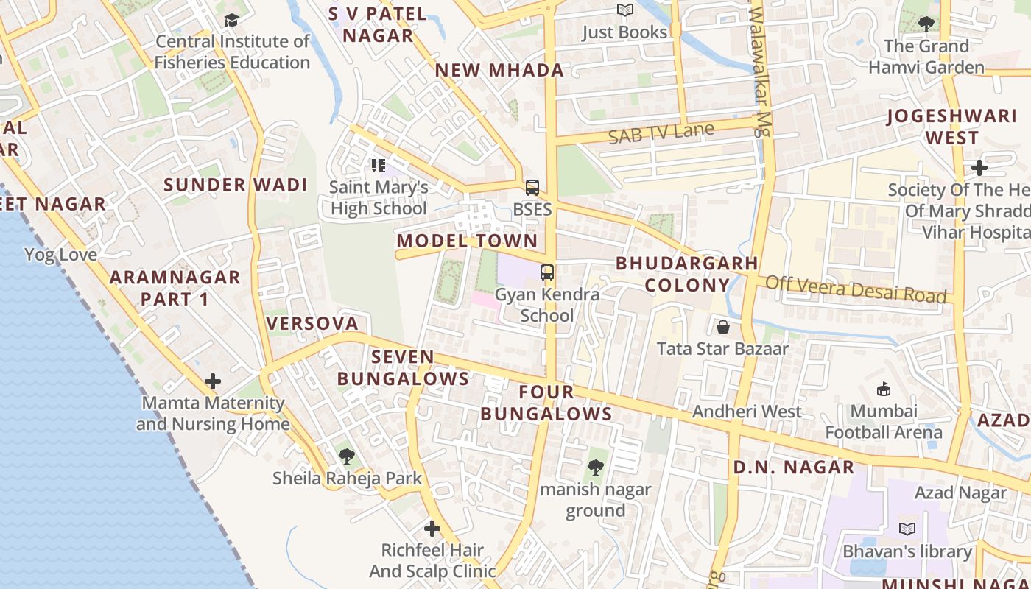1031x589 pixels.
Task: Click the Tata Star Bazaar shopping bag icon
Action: (722, 327)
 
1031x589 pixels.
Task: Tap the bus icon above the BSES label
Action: (532, 188)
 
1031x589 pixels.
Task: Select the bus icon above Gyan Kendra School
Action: (546, 272)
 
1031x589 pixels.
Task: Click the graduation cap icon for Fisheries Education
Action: (232, 20)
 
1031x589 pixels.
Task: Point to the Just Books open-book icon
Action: (624, 10)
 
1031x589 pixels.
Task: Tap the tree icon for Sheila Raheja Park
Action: (346, 456)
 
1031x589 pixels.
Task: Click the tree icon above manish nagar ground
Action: (595, 468)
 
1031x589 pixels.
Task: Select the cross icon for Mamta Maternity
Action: (213, 381)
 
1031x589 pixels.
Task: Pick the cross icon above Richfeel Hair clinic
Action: (432, 529)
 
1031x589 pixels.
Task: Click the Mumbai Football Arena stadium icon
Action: (883, 389)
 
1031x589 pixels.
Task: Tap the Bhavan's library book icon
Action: (907, 529)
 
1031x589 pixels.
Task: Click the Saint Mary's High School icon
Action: (379, 166)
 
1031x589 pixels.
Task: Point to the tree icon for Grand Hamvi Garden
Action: (926, 24)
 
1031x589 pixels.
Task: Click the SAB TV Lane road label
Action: (661, 133)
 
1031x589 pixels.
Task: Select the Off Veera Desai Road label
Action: (856, 289)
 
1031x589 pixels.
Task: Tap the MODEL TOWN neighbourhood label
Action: (468, 241)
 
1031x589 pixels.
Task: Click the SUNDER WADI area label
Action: (236, 185)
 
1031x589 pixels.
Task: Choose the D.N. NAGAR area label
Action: (794, 467)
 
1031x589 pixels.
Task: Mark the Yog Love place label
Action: (60, 255)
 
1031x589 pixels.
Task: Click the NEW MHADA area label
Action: (499, 71)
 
